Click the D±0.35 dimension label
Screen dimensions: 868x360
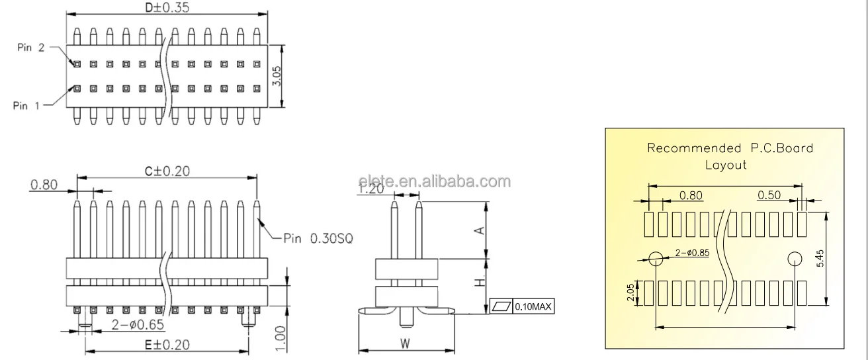[x=167, y=7]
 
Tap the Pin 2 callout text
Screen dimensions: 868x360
[x=31, y=48]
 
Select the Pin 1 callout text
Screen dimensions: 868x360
[x=26, y=105]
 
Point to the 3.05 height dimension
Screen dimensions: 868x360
[x=277, y=76]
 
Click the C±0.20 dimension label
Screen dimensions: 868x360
[x=167, y=171]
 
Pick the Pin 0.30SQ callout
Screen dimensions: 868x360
[x=318, y=238]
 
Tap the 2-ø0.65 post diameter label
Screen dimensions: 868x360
[x=138, y=324]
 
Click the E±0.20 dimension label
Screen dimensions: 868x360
[x=167, y=345]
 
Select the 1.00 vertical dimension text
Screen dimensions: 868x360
[x=280, y=339]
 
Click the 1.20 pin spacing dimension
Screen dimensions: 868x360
[x=370, y=189]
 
